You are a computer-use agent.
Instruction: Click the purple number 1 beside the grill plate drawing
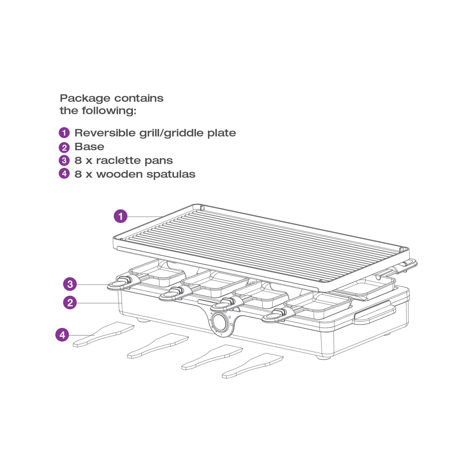coord(121,216)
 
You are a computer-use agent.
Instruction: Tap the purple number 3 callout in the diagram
coord(70,284)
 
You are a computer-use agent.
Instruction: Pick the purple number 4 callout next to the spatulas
coord(62,335)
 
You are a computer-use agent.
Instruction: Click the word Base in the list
coord(89,146)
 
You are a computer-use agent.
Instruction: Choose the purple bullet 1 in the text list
coord(64,133)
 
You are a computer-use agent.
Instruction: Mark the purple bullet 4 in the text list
coord(64,174)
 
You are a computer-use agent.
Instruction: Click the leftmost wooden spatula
coord(104,334)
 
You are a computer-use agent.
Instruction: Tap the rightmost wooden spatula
coord(253,365)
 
